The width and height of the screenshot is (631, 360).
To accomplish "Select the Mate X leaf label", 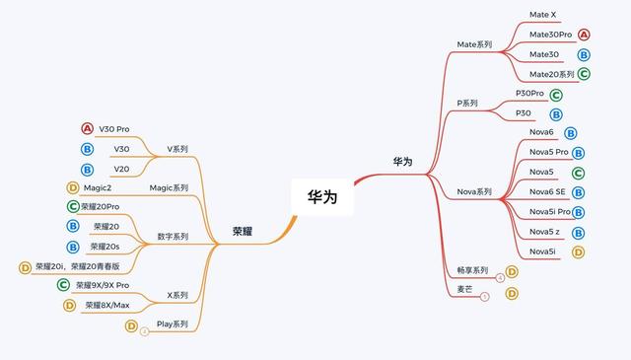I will click(x=542, y=15).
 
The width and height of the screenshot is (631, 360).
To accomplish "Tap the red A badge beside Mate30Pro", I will click(x=585, y=35).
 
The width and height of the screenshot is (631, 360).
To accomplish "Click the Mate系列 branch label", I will click(x=474, y=44).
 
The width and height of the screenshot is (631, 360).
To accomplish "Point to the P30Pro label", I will click(x=529, y=94).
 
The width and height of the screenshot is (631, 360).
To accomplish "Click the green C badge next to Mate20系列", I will click(x=585, y=74).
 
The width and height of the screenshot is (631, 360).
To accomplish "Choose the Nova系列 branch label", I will click(x=474, y=191).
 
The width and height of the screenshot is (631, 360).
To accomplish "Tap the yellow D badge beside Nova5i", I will click(x=579, y=252).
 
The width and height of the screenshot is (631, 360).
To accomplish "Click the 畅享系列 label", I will click(x=472, y=270).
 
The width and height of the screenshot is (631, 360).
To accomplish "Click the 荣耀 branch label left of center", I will click(x=243, y=230).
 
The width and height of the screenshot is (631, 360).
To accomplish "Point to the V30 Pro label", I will click(x=114, y=129).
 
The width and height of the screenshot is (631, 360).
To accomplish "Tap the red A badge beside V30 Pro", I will click(x=87, y=129).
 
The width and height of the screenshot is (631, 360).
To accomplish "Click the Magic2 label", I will click(x=98, y=187).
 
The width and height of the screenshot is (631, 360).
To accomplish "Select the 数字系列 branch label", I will click(x=173, y=237).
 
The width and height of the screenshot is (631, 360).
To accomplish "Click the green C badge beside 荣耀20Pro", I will click(x=73, y=207).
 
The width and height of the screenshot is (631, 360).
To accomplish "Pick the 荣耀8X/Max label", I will click(x=107, y=305).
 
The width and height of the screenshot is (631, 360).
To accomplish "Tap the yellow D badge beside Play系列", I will click(x=131, y=325).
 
